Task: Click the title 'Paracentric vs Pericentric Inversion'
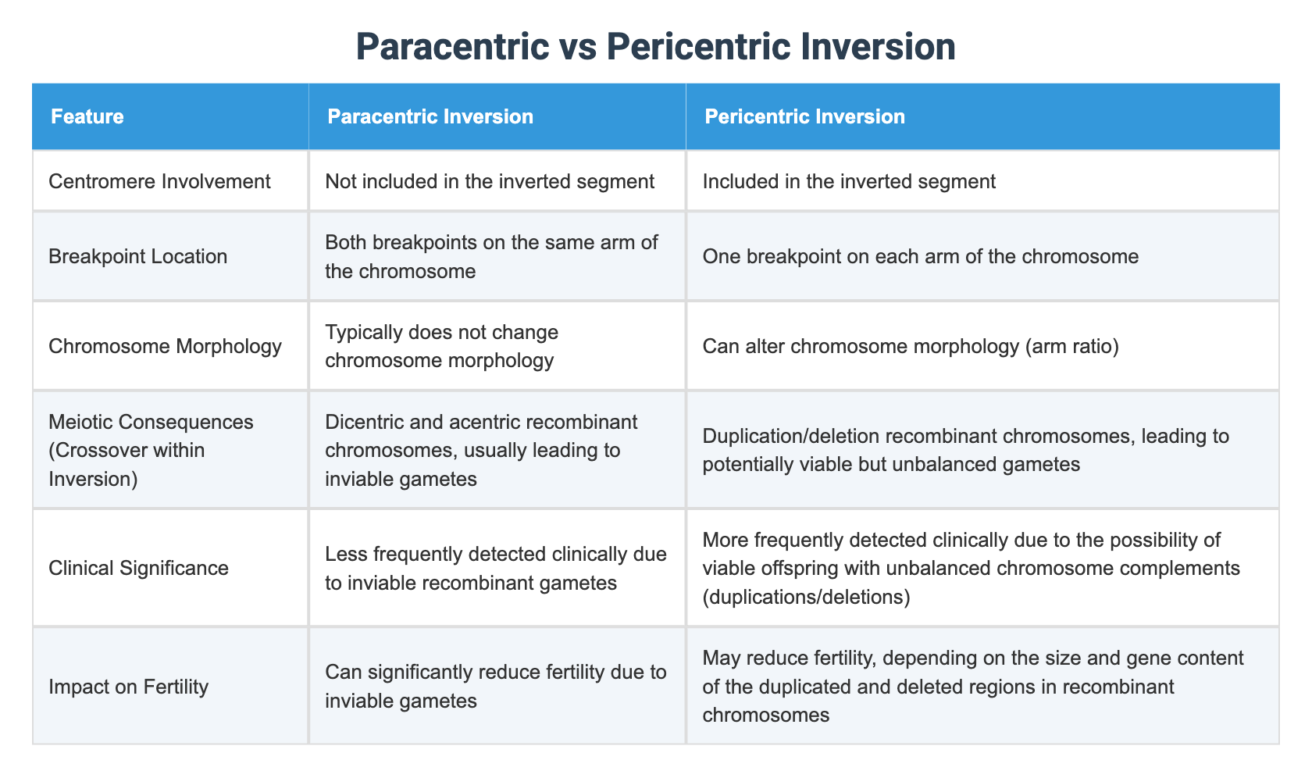pyautogui.click(x=656, y=47)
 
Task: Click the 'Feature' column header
pyautogui.click(x=87, y=117)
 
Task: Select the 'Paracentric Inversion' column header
pyautogui.click(x=430, y=117)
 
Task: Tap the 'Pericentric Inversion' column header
pyautogui.click(x=804, y=117)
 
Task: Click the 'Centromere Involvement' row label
pyautogui.click(x=159, y=182)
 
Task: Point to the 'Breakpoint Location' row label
pyautogui.click(x=138, y=256)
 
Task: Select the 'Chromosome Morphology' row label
pyautogui.click(x=165, y=346)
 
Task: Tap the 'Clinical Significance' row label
pyautogui.click(x=139, y=568)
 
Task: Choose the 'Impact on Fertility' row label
pyautogui.click(x=129, y=687)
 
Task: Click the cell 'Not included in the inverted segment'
pyautogui.click(x=490, y=182)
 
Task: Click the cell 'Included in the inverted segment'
pyautogui.click(x=849, y=182)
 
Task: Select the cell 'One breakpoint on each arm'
pyautogui.click(x=921, y=256)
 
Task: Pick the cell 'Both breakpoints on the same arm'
pyautogui.click(x=491, y=256)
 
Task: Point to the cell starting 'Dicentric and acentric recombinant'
pyautogui.click(x=481, y=450)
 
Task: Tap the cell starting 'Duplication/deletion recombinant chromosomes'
pyautogui.click(x=966, y=450)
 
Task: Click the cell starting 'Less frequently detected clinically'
pyautogui.click(x=496, y=568)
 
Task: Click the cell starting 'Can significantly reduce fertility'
pyautogui.click(x=496, y=687)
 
